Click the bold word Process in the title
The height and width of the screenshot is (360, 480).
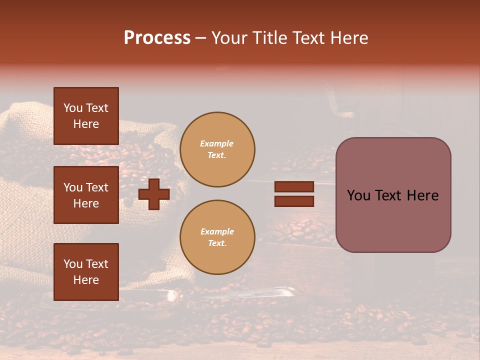click(157, 38)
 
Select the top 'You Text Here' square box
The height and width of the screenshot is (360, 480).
click(86, 116)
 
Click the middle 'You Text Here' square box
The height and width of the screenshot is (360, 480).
click(86, 195)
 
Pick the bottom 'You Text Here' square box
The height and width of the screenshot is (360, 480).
click(86, 272)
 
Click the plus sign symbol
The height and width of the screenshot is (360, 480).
click(154, 194)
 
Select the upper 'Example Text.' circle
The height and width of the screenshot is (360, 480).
click(217, 149)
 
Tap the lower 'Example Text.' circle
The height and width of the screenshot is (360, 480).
click(217, 237)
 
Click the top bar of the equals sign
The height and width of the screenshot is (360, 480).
click(294, 187)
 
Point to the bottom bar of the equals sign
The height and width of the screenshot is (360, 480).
click(294, 201)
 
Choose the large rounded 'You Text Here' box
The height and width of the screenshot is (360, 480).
click(393, 195)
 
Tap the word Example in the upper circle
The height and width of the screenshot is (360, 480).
click(217, 143)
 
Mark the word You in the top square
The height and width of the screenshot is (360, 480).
click(72, 108)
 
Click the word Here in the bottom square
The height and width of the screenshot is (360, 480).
click(86, 280)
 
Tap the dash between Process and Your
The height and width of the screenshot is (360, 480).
click(200, 38)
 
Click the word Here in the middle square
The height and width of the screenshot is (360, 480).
click(86, 203)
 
